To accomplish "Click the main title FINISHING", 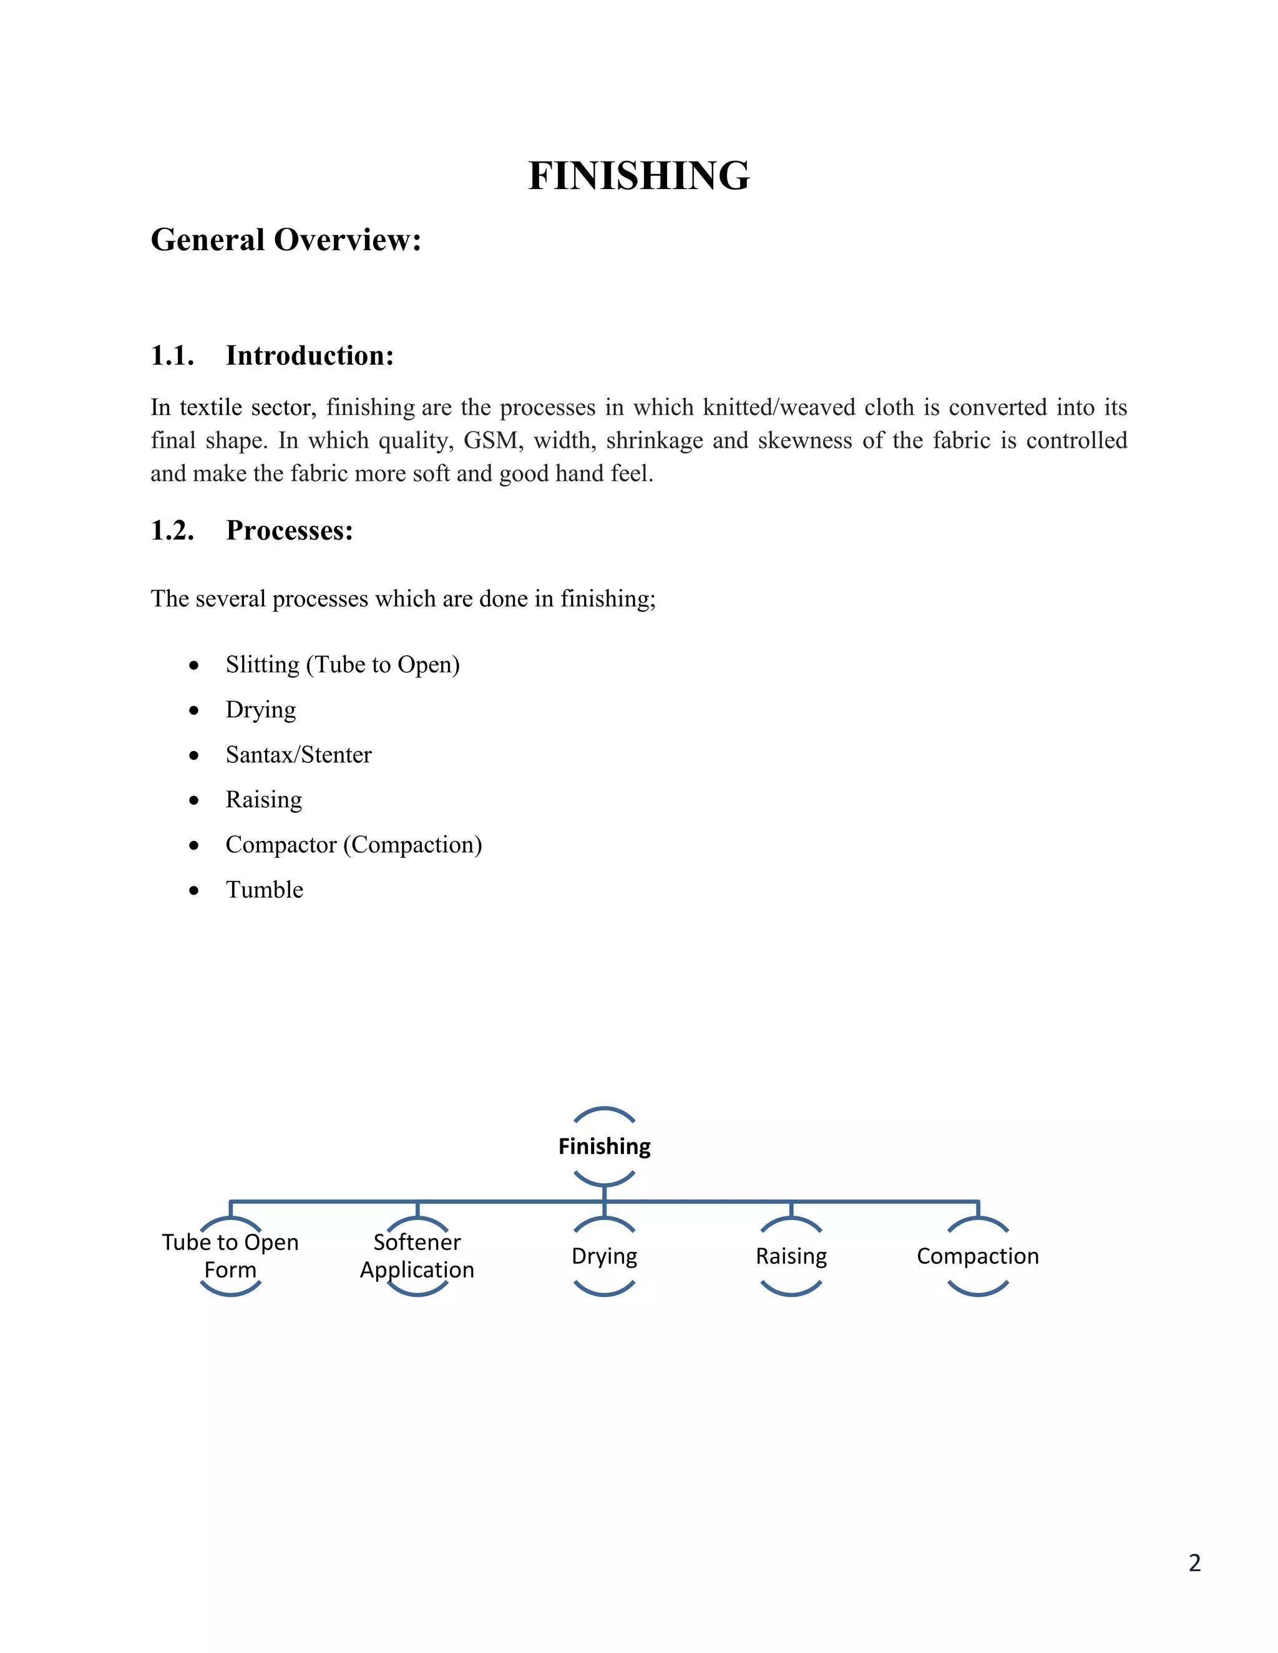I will [638, 177].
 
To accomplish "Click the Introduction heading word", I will [310, 356].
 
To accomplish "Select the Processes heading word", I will [289, 531].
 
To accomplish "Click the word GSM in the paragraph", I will [493, 440].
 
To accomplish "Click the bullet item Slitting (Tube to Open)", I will [342, 664].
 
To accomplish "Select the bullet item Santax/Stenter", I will [298, 755].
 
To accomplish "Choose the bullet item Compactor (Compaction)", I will [354, 845].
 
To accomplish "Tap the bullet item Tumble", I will [264, 890].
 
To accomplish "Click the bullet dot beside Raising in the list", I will [195, 800].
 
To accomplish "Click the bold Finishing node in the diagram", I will [604, 1146].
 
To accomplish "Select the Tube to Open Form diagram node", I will [230, 1256].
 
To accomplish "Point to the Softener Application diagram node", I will [417, 1256].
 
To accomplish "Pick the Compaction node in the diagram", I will [977, 1256].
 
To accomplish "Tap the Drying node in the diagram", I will [604, 1256].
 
